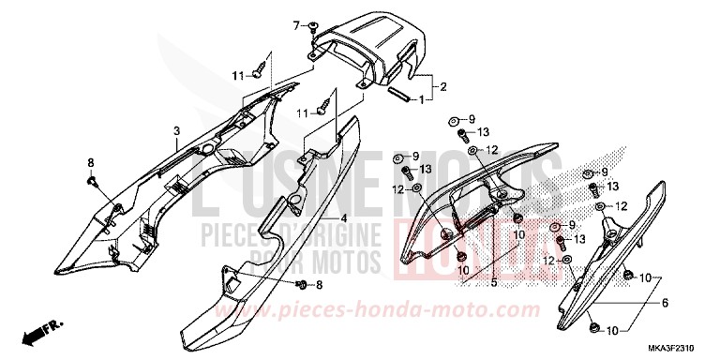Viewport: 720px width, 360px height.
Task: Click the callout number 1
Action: point(422,98)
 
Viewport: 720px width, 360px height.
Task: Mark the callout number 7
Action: point(295,22)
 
